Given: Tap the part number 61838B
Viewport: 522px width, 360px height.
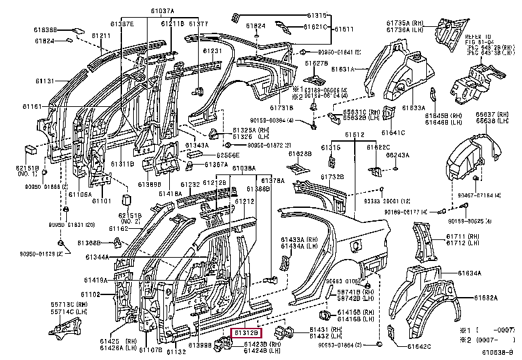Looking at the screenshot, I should point(46,30).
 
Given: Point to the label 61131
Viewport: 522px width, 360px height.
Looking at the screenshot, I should point(44,81).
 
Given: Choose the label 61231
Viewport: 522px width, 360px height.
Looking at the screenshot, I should point(213,50).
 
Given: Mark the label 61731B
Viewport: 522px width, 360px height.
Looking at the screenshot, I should point(281,107).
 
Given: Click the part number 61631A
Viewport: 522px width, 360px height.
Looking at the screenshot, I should point(342,69).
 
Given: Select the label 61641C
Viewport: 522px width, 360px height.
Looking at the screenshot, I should point(394,132).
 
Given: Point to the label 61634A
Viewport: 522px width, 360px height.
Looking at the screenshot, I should point(470,272).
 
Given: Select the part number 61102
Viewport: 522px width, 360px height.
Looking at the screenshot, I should point(90,295).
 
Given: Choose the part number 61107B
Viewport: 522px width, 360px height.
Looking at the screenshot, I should point(150,350).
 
